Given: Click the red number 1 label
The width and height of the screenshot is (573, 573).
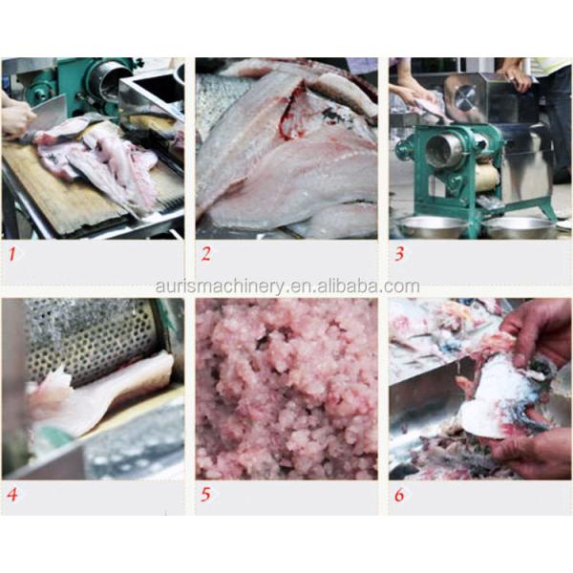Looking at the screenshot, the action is (12, 254).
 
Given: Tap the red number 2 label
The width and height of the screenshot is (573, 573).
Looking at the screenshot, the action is (206, 254).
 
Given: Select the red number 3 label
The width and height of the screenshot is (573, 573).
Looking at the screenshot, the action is (399, 254).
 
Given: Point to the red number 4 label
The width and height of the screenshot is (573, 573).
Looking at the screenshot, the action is (12, 495).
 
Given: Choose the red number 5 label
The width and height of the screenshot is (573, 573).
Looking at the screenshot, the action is (205, 495).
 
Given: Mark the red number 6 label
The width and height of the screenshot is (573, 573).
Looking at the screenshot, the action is (399, 495).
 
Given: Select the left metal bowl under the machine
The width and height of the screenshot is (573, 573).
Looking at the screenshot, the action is (432, 227).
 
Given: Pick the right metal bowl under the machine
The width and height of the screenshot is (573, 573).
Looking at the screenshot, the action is (520, 227).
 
